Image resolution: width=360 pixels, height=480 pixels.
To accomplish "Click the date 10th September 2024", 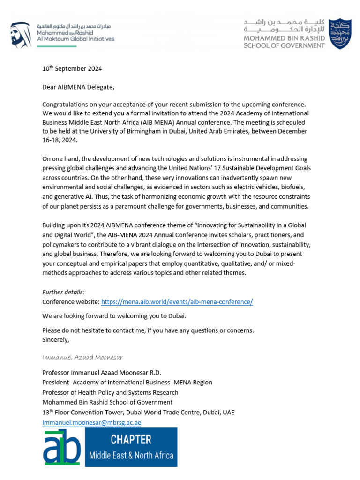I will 72,69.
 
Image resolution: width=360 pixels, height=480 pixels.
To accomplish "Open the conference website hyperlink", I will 177,302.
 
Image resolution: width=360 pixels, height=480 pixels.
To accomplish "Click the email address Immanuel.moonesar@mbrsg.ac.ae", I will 91,422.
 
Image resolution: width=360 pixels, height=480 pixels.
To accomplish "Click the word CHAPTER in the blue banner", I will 131,440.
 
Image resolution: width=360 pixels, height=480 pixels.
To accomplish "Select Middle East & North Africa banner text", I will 131,455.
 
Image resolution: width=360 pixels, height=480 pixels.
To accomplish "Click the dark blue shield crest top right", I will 340,34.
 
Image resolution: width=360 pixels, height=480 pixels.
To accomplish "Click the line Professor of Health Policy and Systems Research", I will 110,392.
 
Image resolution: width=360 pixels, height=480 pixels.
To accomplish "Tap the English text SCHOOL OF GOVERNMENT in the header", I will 284,45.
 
